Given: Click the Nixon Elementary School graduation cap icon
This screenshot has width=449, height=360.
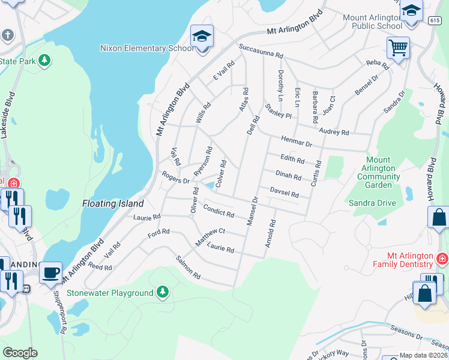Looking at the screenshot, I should [x=202, y=37].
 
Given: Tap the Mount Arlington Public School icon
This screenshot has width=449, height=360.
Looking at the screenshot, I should [x=411, y=12].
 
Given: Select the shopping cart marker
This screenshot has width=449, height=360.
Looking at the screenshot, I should [x=398, y=48].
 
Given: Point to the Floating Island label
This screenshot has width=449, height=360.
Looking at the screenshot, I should [x=113, y=203].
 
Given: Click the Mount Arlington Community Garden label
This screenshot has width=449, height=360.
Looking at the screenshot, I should [x=378, y=173].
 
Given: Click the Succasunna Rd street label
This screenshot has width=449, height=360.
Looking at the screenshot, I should [x=261, y=51].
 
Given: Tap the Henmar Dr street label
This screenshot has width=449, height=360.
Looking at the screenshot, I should [x=297, y=142].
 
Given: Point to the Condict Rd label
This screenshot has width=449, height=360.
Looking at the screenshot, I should [x=218, y=211].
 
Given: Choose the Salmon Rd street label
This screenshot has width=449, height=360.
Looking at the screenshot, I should [x=188, y=268].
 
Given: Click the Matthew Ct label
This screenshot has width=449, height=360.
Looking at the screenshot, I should [x=210, y=236].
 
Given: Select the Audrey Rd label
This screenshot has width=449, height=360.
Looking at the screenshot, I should [x=334, y=131].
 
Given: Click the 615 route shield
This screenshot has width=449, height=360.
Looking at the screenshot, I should [x=435, y=20].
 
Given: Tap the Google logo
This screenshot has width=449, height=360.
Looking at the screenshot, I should [x=20, y=353].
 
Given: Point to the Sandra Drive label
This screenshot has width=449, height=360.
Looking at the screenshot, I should [x=372, y=203].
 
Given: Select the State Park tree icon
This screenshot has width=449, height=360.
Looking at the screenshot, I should [x=44, y=61].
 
